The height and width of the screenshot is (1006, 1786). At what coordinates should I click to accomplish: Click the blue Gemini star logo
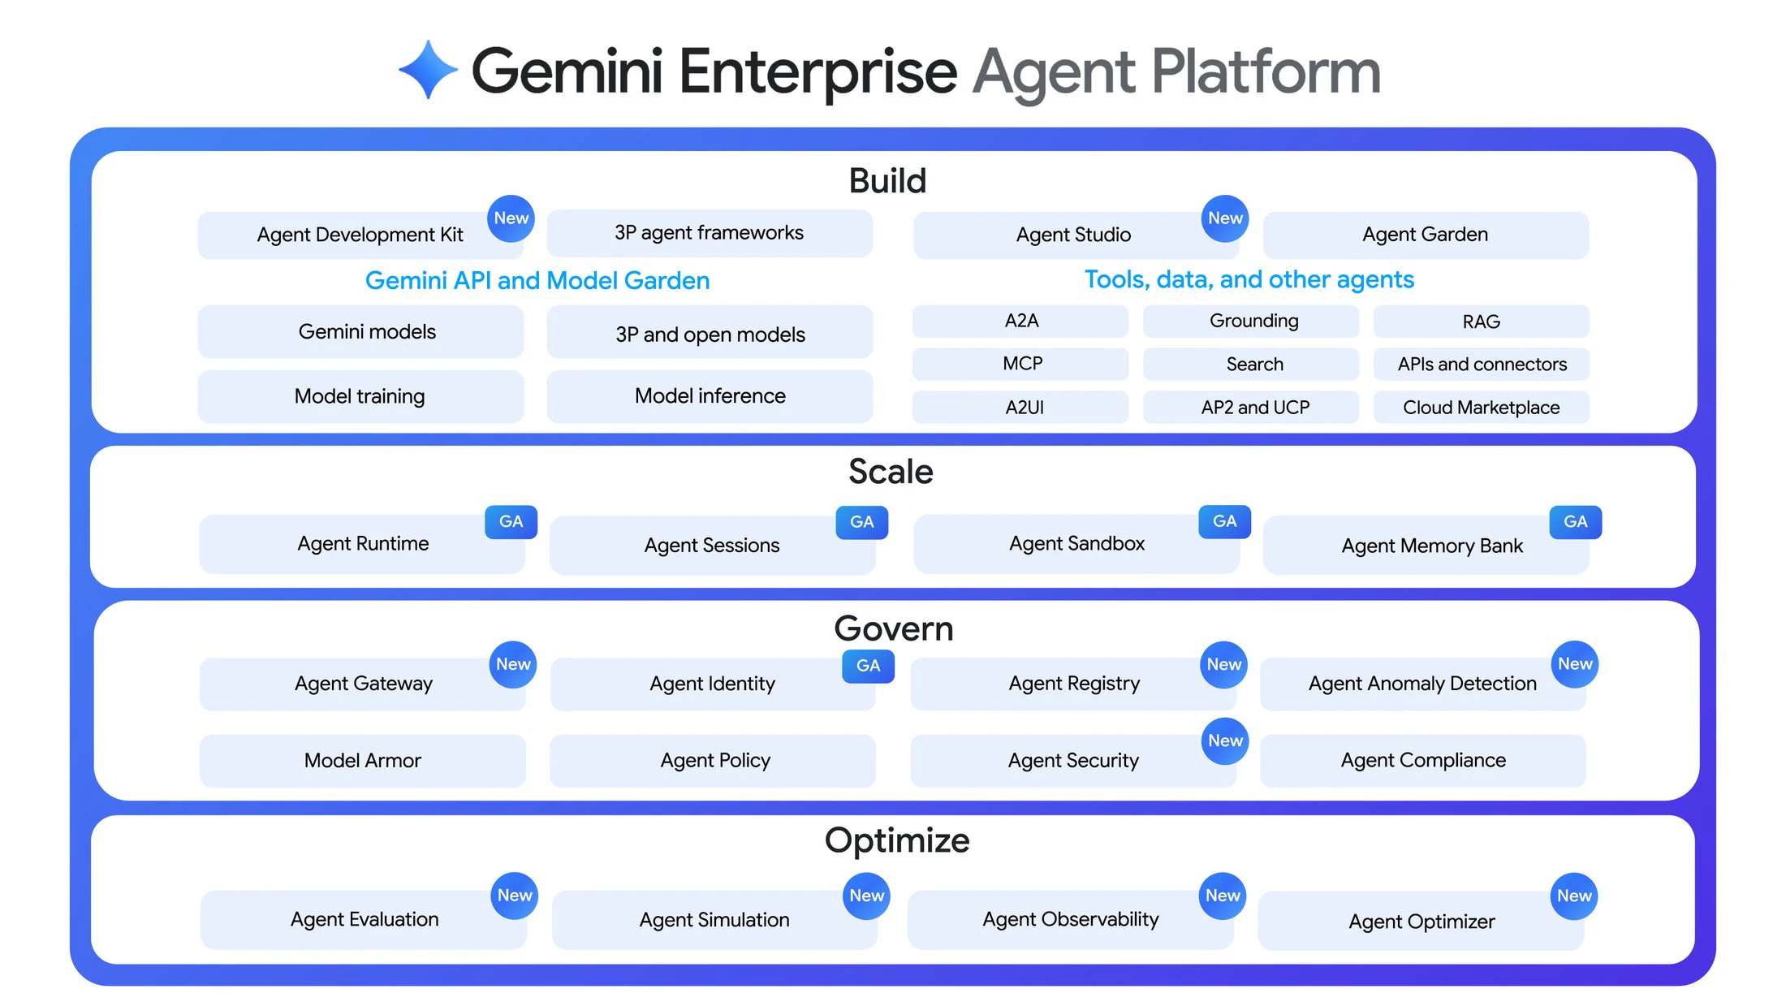pyautogui.click(x=429, y=70)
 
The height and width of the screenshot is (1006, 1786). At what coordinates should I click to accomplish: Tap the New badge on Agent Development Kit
pyautogui.click(x=511, y=218)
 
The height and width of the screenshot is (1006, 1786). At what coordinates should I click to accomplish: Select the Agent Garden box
pyautogui.click(x=1425, y=235)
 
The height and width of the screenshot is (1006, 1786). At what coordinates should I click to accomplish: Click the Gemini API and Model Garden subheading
pyautogui.click(x=537, y=280)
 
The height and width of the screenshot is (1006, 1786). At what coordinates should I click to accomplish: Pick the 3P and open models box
pyautogui.click(x=710, y=334)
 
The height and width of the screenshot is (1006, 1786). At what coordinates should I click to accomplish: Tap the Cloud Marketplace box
pyautogui.click(x=1481, y=407)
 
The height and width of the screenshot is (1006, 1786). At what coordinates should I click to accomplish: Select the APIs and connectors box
pyautogui.click(x=1481, y=364)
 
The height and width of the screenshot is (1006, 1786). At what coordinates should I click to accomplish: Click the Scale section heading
pyautogui.click(x=891, y=472)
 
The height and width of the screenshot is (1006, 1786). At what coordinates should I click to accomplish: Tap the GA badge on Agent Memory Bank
pyautogui.click(x=1575, y=522)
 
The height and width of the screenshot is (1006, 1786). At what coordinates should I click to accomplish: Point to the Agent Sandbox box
pyautogui.click(x=1076, y=544)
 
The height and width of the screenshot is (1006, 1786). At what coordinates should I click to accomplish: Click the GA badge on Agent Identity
pyautogui.click(x=868, y=666)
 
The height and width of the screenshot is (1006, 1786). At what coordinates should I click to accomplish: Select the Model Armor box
pyautogui.click(x=362, y=760)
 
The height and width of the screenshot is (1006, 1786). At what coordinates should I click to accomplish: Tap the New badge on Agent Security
pyautogui.click(x=1225, y=740)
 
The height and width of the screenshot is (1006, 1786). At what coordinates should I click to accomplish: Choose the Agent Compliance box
pyautogui.click(x=1422, y=760)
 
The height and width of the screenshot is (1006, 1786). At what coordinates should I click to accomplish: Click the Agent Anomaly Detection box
pyautogui.click(x=1421, y=684)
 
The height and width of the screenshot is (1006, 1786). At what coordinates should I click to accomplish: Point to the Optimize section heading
pyautogui.click(x=896, y=840)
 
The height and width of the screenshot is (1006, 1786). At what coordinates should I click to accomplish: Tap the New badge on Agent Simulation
pyautogui.click(x=866, y=896)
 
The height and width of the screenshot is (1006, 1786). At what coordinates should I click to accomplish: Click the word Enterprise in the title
pyautogui.click(x=818, y=71)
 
